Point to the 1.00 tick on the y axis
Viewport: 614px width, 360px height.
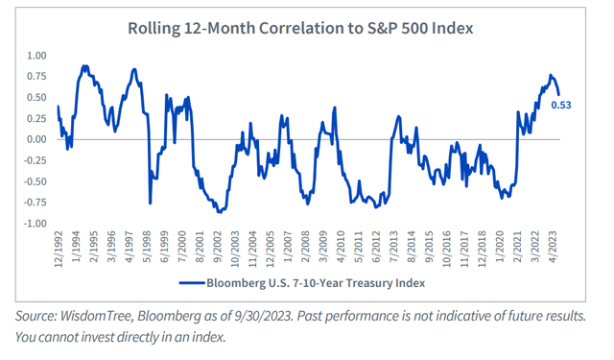[x=36, y=55]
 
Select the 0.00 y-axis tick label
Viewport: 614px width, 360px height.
[x=36, y=139]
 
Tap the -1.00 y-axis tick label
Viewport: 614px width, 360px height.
[x=35, y=224]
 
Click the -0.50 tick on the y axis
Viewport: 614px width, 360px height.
[x=35, y=181]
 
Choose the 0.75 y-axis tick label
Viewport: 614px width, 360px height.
[x=36, y=76]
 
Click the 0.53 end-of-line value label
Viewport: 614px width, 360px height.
[x=563, y=106]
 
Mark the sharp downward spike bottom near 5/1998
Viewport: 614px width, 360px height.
[x=150, y=203]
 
